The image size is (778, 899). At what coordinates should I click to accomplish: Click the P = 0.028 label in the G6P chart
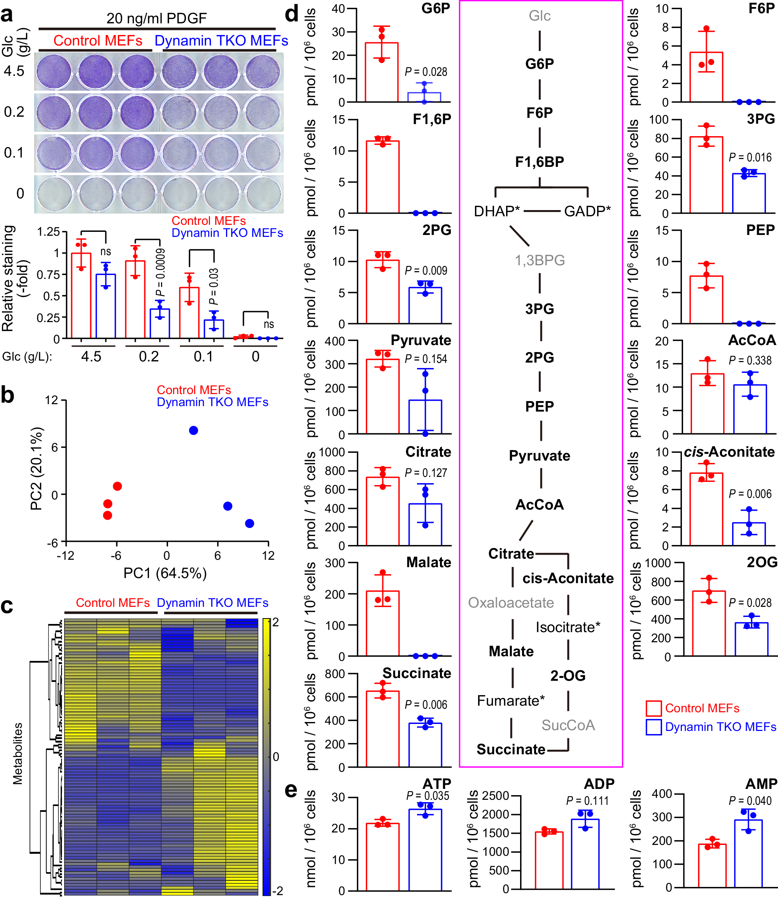[426, 72]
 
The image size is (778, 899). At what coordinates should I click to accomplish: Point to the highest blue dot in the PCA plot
[194, 430]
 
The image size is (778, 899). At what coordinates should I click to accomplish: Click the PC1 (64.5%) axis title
[165, 573]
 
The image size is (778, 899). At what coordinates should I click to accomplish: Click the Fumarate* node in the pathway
[510, 701]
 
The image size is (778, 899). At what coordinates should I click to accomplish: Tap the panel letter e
[291, 790]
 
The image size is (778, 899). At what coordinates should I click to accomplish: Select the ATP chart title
[437, 783]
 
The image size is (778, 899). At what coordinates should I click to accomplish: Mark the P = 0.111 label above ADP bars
[587, 801]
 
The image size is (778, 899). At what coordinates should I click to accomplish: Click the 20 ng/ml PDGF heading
[156, 18]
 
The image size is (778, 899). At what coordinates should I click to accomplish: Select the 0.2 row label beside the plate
[14, 112]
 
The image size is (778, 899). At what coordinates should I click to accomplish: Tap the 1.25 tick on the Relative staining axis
[48, 232]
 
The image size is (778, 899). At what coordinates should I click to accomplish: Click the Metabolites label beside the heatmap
[18, 754]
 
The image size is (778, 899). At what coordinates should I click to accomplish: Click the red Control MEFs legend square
[654, 708]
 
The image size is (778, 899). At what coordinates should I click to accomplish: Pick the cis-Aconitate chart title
[729, 452]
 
